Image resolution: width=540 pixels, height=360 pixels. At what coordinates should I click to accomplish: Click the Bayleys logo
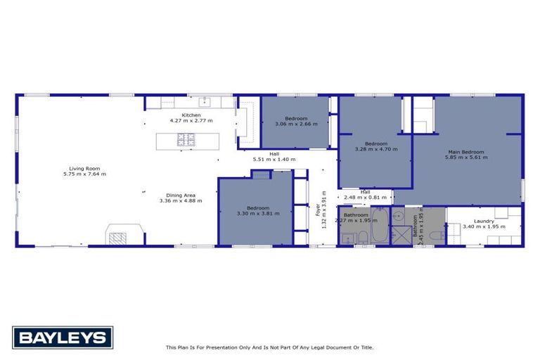tap(63, 337)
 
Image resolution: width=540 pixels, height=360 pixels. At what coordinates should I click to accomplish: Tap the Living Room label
tap(84, 169)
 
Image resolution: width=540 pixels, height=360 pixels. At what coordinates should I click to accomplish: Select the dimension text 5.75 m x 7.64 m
tap(84, 174)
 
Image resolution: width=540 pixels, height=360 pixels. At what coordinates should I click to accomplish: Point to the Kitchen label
tap(191, 115)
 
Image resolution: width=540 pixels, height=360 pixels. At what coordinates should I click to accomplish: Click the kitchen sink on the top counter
tap(205, 102)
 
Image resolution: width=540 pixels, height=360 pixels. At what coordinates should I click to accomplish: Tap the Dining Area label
tap(181, 195)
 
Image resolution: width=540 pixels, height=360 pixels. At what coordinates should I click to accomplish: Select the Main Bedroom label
tap(465, 152)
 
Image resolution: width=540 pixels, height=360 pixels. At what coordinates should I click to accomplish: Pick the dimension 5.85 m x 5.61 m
tap(465, 157)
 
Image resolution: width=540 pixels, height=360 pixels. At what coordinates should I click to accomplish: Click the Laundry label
tap(484, 221)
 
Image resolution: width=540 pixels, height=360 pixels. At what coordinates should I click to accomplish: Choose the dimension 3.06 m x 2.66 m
tap(296, 124)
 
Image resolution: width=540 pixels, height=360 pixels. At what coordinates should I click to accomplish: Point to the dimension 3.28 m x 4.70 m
tap(376, 149)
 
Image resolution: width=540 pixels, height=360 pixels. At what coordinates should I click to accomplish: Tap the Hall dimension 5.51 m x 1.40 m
tap(274, 160)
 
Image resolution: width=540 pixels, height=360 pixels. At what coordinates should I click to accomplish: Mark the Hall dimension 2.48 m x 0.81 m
tap(365, 197)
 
